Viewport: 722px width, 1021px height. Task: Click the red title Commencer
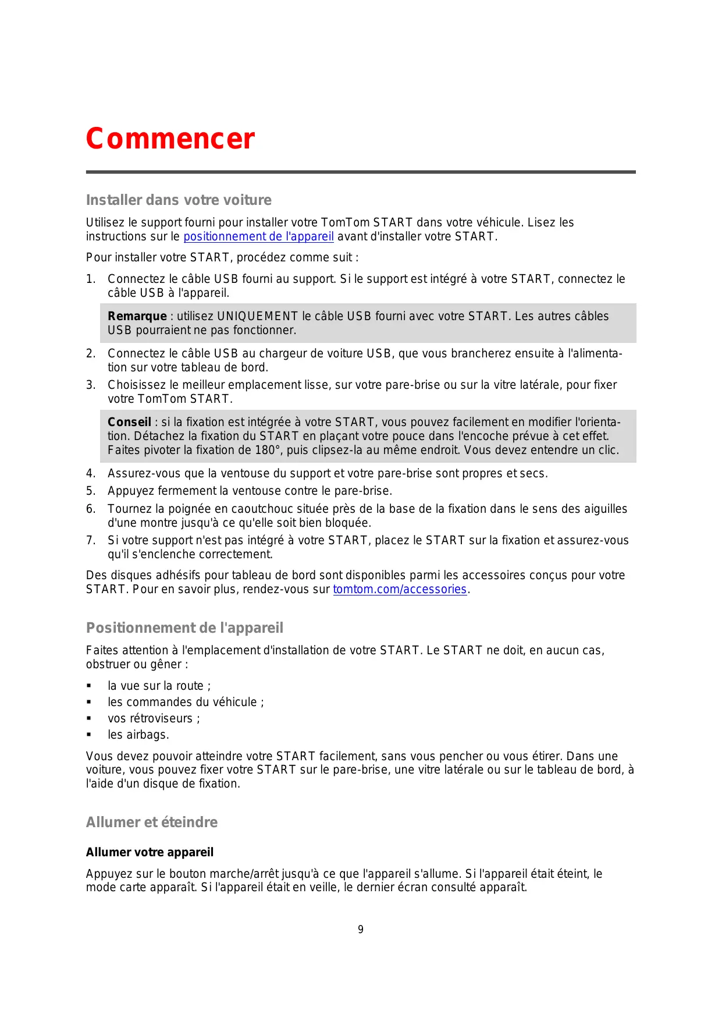(x=170, y=139)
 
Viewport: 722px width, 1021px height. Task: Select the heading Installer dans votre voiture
(x=179, y=200)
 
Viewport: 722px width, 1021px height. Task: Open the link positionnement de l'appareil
(x=258, y=236)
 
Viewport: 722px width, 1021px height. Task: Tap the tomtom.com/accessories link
(x=400, y=589)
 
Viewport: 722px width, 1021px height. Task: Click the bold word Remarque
(x=137, y=316)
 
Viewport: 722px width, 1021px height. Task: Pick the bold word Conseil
(x=129, y=422)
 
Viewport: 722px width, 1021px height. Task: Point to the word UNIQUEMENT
(x=257, y=316)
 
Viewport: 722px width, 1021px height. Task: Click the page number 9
(x=361, y=930)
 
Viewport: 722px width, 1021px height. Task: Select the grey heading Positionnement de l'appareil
(x=184, y=628)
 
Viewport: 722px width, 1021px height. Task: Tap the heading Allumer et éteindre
(x=152, y=823)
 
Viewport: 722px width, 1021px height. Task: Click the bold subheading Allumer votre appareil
(x=150, y=852)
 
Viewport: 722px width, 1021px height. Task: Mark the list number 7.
(x=90, y=540)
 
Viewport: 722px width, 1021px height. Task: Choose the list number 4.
(x=90, y=473)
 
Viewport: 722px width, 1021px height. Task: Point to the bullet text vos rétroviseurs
(x=154, y=718)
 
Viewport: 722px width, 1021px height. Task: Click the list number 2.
(x=90, y=353)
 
